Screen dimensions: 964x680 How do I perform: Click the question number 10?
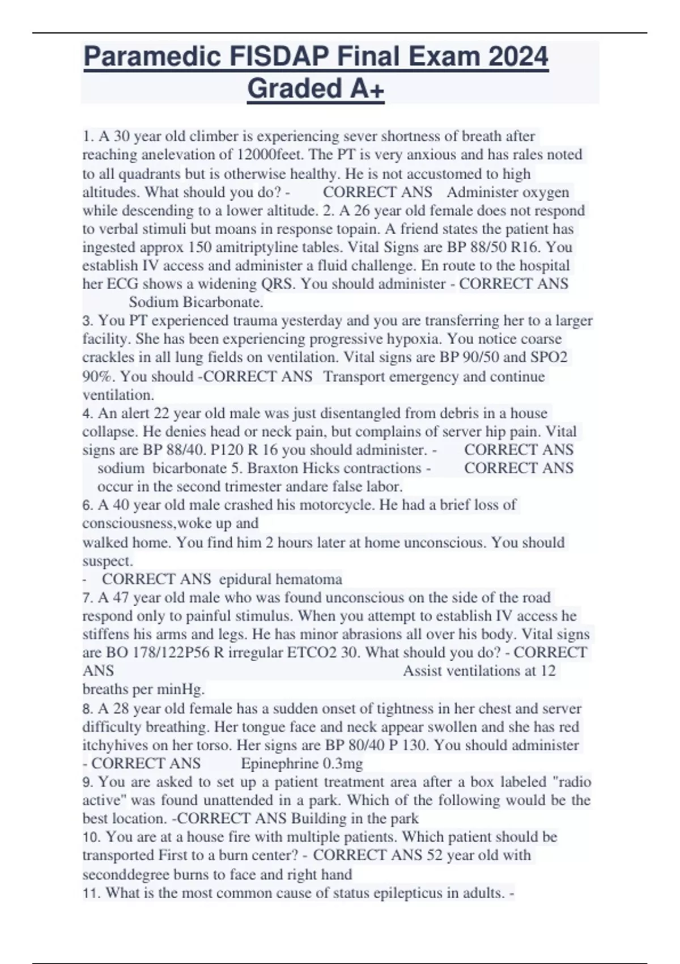pyautogui.click(x=91, y=837)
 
